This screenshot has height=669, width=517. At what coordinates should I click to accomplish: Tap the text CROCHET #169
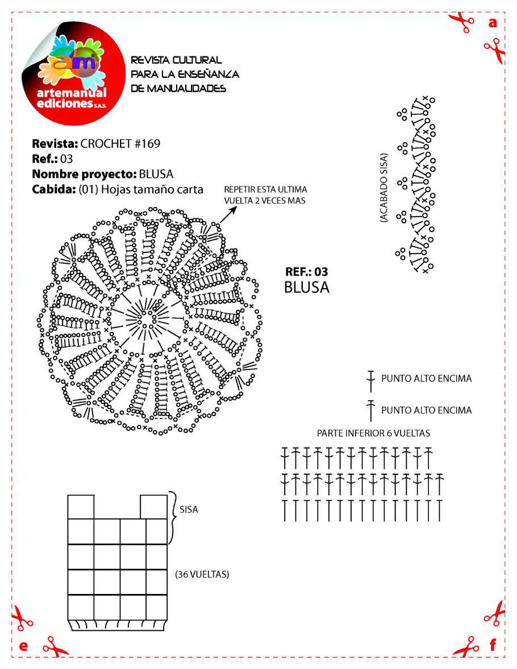coord(120,143)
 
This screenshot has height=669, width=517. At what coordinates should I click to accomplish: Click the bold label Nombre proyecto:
coord(84,174)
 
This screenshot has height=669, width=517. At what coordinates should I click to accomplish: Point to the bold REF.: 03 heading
coord(306,272)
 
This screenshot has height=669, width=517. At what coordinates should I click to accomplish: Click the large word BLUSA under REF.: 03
coord(306,288)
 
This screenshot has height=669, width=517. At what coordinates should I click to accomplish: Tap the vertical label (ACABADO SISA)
coord(385,187)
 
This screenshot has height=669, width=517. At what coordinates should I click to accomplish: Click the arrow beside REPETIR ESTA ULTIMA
coord(228,214)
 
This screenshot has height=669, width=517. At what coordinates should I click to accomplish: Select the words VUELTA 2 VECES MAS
coord(265,201)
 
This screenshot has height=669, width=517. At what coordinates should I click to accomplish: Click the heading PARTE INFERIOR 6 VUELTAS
coord(373,433)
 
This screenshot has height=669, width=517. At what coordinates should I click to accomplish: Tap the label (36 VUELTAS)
coord(202,575)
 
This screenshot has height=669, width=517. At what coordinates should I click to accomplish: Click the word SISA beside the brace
coord(189,510)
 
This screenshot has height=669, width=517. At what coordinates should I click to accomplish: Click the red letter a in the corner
coord(493,23)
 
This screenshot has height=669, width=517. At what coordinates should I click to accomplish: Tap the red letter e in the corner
coord(23,646)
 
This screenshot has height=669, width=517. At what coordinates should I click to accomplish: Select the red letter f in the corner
coord(493,645)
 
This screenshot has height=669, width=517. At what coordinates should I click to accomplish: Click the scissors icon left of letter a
coord(462,22)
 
